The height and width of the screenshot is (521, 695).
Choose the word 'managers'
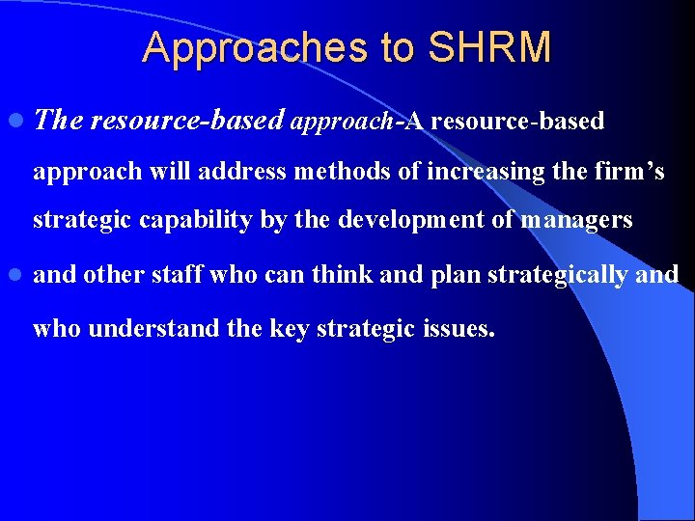pos(576,220)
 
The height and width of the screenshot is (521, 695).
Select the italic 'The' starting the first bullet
pos(59,121)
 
